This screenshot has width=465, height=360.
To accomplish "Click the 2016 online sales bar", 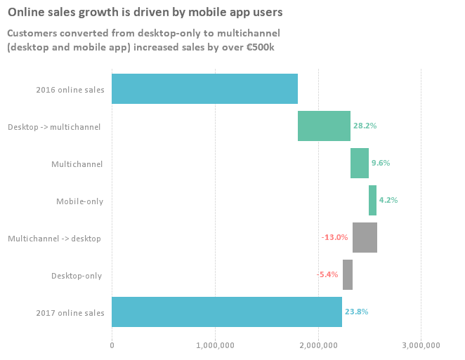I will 204,89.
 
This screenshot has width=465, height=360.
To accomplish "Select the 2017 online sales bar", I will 227,312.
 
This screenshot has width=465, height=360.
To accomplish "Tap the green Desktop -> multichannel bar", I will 324,126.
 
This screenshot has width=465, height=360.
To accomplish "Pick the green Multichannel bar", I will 360,164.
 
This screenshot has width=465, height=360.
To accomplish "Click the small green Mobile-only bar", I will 372,201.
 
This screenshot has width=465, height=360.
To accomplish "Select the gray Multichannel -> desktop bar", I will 365,238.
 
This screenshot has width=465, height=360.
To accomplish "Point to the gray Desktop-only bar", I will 348,274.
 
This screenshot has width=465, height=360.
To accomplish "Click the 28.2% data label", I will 365,126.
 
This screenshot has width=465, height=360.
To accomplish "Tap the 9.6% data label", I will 381,163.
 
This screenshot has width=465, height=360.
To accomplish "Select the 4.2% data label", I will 388,200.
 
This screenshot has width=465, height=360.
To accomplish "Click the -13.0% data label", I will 334,237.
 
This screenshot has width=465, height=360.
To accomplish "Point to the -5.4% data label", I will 327,274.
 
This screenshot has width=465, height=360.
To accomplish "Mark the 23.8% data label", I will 357,312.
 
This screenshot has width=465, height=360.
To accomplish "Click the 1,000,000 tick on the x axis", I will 215,345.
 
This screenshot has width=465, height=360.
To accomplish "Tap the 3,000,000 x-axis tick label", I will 421,345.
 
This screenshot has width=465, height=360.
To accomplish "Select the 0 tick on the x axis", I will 112,345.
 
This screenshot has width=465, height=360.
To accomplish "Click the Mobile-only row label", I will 79,201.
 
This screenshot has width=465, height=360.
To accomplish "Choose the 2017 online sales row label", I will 70,312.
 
